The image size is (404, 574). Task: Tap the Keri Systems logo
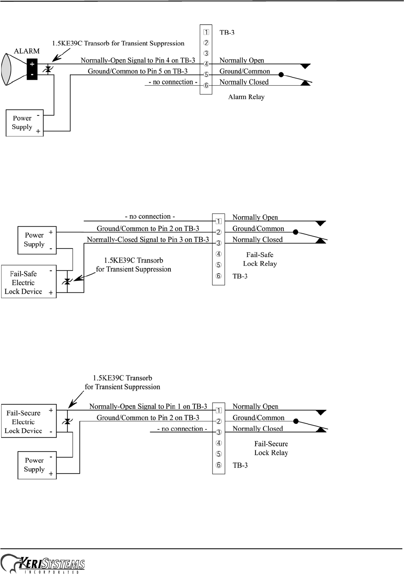tap(43, 564)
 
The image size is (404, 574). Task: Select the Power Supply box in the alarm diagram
tap(24, 123)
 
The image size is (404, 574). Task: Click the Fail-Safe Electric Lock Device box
tap(29, 282)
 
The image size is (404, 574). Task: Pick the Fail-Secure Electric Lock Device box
tap(29, 421)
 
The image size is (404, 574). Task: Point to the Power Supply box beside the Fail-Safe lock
tap(36, 240)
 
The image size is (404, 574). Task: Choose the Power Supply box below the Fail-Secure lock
tap(37, 465)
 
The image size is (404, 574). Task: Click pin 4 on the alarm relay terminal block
tap(206, 64)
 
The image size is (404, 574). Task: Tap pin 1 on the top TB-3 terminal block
tap(206, 32)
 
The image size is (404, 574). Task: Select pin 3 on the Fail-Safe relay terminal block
tap(218, 243)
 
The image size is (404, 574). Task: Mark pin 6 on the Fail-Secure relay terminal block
tap(218, 465)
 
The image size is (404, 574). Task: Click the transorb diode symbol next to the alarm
tap(48, 69)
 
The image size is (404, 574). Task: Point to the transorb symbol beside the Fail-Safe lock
tap(67, 282)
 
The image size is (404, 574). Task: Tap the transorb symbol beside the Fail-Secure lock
tap(67, 421)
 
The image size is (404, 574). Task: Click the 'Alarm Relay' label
tap(246, 97)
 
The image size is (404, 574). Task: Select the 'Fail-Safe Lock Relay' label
tap(260, 259)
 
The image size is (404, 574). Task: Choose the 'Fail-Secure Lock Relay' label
tap(271, 448)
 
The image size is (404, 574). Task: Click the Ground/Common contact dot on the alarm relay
tap(281, 75)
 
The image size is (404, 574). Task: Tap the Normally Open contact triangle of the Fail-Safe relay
tap(320, 223)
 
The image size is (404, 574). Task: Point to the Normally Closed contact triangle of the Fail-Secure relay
tap(320, 429)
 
